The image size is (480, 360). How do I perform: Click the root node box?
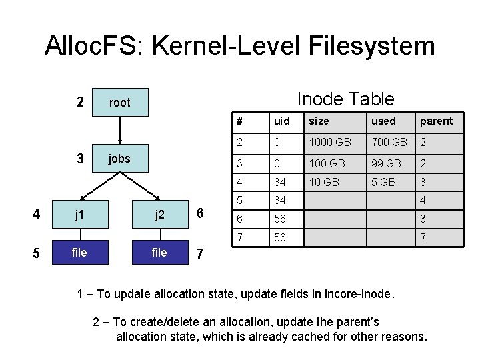(120, 102)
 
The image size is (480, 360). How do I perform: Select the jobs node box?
(120, 159)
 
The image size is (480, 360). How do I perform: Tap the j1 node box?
(79, 215)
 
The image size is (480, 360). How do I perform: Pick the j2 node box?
(160, 215)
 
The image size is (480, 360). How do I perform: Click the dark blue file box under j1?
(79, 253)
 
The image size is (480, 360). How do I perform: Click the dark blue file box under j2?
(160, 253)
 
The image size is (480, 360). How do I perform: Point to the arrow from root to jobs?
(120, 130)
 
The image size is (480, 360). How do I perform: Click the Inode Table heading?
(345, 99)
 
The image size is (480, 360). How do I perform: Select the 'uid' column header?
(281, 121)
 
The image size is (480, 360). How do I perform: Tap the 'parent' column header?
(435, 121)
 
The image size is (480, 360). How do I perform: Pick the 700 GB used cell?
(390, 141)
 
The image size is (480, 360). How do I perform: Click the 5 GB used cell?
(384, 182)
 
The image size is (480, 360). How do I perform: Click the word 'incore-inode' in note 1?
(363, 293)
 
